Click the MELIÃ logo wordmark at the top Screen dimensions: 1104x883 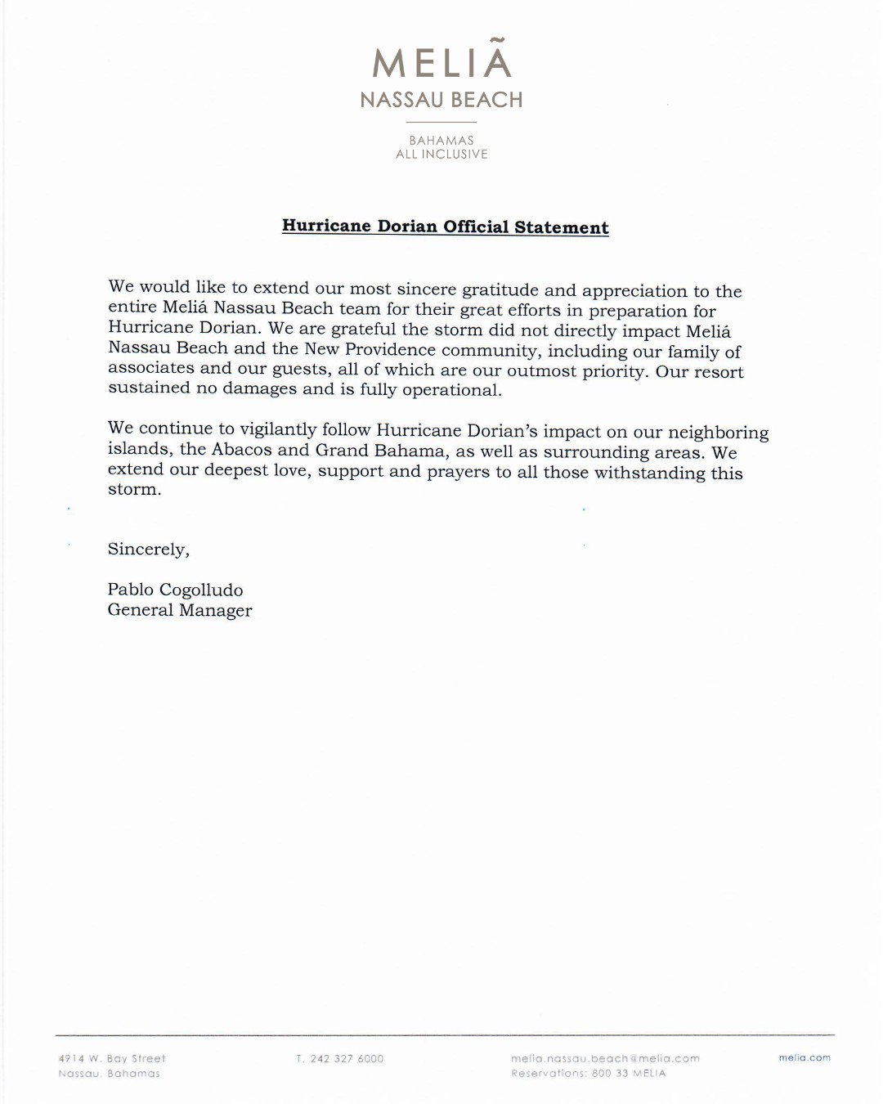441,63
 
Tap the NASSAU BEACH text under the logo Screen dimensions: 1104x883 441,100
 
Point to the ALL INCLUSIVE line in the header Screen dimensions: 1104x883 441,154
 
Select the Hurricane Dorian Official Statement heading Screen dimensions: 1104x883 445,227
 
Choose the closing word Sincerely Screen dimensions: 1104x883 148,549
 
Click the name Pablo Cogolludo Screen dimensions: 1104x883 175,590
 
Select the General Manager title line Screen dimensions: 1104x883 180,610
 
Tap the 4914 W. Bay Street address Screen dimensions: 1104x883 112,1058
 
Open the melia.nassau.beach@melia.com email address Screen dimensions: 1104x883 605,1058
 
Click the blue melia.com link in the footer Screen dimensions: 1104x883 805,1057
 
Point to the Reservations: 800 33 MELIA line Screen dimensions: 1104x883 589,1073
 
